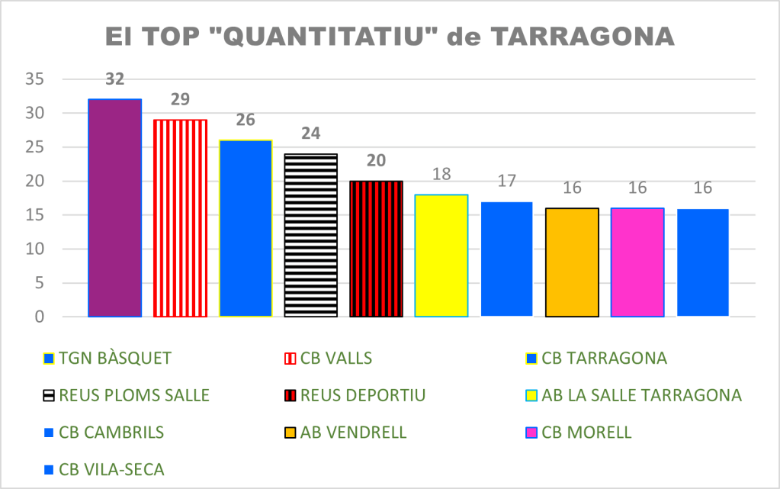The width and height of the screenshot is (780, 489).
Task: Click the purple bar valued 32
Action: (x=114, y=208)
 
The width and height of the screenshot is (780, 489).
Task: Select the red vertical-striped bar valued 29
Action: (x=180, y=217)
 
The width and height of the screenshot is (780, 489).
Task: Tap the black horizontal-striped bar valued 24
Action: (x=310, y=235)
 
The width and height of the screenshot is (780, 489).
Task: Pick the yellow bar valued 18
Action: (x=441, y=255)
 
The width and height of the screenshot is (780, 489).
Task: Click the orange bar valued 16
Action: (x=572, y=262)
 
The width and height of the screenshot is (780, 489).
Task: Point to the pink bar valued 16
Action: (x=637, y=262)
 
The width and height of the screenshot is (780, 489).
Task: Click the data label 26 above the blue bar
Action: (x=246, y=120)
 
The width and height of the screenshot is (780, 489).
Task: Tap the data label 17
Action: (x=506, y=182)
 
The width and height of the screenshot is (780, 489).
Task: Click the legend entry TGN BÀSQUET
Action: (x=115, y=358)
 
